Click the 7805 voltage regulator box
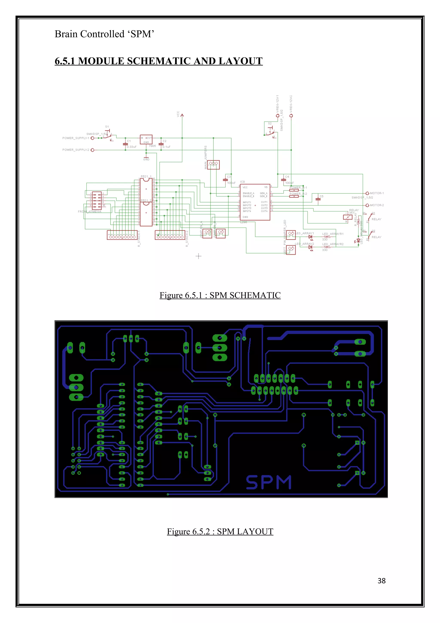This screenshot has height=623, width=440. point(146,140)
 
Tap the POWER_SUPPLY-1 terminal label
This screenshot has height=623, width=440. point(76,138)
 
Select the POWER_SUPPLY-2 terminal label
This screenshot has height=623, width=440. point(76,150)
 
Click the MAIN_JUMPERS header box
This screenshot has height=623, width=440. point(213,164)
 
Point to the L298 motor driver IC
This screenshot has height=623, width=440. point(255,202)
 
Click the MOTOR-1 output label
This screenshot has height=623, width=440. point(377,193)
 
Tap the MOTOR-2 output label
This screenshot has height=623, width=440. point(377,205)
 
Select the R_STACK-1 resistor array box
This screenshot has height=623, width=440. point(122,235)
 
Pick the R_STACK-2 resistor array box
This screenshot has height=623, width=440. point(170,235)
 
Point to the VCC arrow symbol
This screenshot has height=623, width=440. point(182,115)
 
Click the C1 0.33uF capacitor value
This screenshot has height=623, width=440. point(132,147)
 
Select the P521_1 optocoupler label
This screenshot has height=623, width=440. point(146,176)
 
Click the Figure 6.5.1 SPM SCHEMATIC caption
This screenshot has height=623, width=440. point(220,295)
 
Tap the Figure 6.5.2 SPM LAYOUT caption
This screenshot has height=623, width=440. point(220,531)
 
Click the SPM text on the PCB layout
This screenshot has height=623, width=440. point(268,482)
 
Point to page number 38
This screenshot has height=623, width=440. point(381,580)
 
